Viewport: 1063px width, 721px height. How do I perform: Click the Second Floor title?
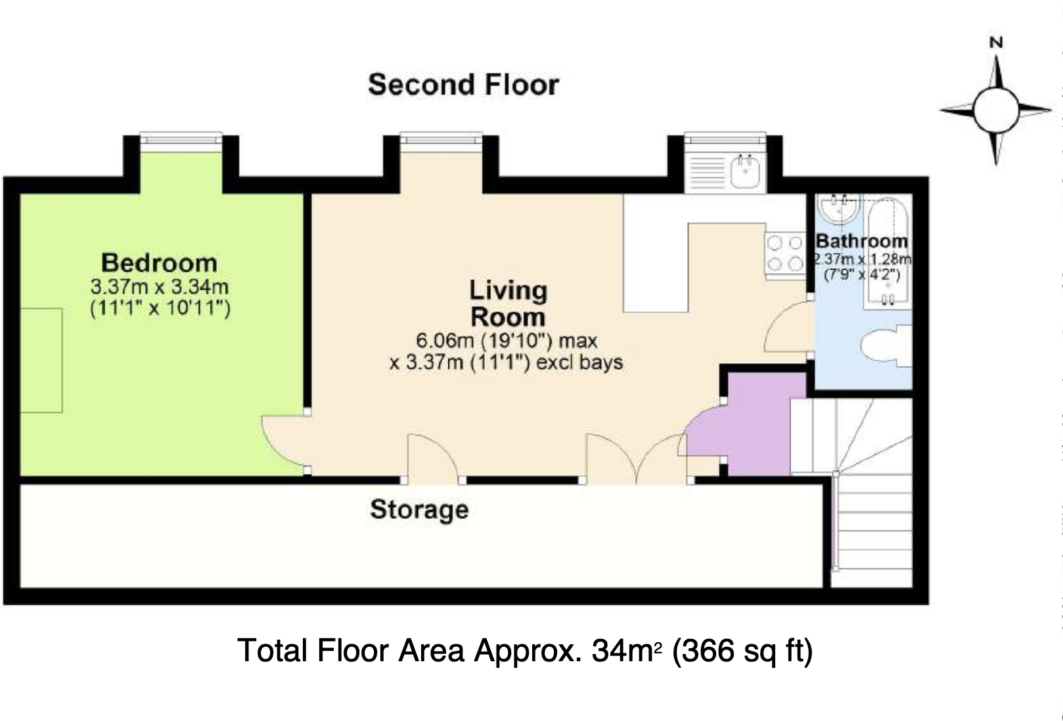tap(464, 85)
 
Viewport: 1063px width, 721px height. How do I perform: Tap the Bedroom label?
tap(160, 263)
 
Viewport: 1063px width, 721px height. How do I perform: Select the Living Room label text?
tap(508, 303)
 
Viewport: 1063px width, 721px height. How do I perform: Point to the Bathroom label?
tap(861, 241)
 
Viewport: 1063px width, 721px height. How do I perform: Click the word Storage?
tap(420, 510)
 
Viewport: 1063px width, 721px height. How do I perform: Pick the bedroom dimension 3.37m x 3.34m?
tap(160, 287)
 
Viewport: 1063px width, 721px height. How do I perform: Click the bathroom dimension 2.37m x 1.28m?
tap(862, 259)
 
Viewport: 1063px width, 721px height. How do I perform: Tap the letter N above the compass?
tap(996, 43)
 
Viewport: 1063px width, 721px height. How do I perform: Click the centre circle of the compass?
tap(996, 110)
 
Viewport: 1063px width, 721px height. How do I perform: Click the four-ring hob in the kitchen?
tap(784, 253)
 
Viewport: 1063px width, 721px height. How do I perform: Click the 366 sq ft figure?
tap(742, 651)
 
